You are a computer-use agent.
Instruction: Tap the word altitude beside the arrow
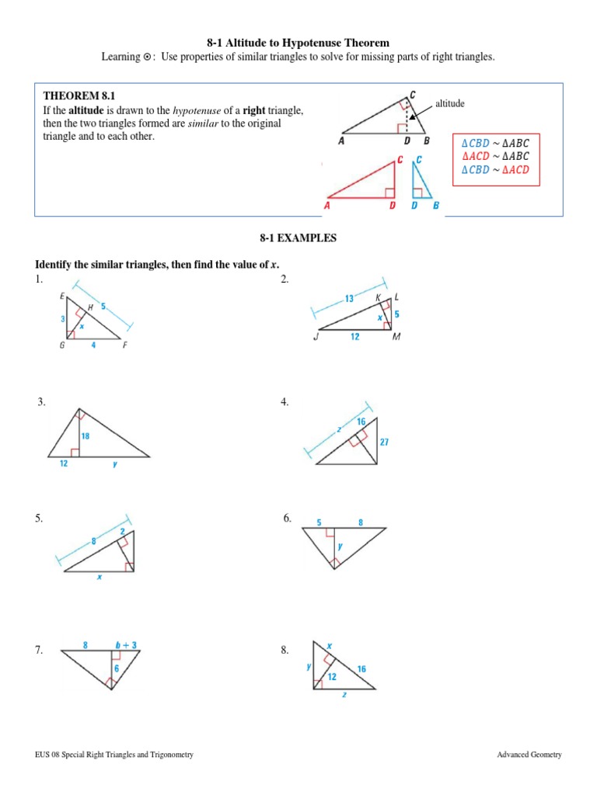tap(450, 102)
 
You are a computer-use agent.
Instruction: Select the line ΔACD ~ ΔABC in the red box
tap(495, 155)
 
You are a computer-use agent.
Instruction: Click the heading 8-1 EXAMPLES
tap(298, 238)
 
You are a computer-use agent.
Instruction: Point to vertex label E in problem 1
tap(61, 297)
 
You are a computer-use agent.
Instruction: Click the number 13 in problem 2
tap(349, 298)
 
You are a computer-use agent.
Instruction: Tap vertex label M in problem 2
tap(396, 337)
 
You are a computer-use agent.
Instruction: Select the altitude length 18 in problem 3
tap(86, 436)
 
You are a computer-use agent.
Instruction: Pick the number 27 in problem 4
tap(384, 442)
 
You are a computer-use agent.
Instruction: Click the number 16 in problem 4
tap(361, 421)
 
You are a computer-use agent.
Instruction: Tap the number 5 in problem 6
tap(318, 522)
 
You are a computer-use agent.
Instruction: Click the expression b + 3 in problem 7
tap(125, 644)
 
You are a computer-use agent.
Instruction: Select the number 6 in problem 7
tap(117, 668)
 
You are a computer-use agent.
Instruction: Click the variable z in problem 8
tap(344, 696)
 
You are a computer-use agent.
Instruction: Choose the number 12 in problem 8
tap(332, 676)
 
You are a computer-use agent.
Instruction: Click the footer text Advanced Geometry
tap(530, 755)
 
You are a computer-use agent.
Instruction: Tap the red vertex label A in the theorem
tap(326, 206)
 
